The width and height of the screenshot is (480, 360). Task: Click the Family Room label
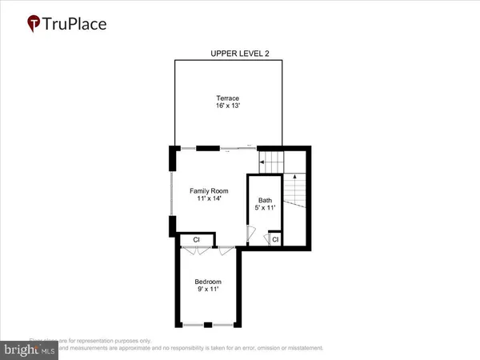pos(209,190)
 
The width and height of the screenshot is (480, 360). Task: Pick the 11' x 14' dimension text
pos(209,199)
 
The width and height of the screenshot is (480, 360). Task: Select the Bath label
pos(265,200)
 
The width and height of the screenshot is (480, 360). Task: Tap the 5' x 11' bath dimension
pos(265,208)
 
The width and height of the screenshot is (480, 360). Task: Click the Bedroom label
pos(208,282)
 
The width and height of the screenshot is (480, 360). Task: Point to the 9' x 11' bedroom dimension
pos(208,290)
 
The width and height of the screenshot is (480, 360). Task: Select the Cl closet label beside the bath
pos(274,238)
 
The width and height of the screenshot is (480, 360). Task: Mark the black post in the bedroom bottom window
pos(207,325)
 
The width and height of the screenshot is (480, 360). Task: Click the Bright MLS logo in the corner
pos(28,349)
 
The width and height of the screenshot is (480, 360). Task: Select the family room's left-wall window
pos(171,193)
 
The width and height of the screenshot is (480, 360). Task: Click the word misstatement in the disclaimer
pos(298,348)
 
